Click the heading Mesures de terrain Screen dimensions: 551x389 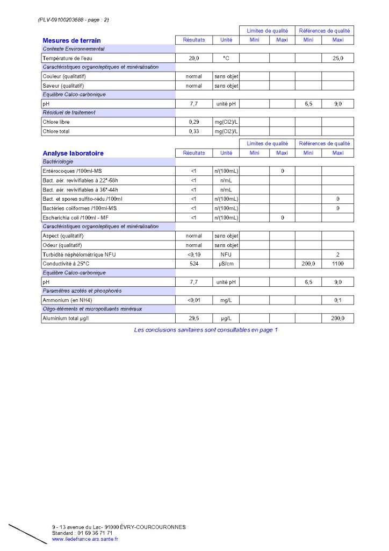click(x=71, y=40)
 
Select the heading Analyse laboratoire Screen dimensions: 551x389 click(x=73, y=153)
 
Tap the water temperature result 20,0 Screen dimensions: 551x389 click(x=194, y=58)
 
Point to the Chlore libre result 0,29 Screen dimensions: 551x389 click(x=194, y=122)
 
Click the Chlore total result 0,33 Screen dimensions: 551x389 click(x=194, y=131)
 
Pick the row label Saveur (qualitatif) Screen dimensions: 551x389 click(x=64, y=86)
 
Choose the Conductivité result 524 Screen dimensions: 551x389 click(x=194, y=264)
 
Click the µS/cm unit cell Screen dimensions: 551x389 click(x=226, y=264)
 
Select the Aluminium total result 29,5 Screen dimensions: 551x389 click(x=194, y=319)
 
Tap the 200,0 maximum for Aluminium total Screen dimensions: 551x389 click(x=337, y=319)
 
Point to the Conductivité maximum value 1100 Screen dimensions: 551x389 click(x=337, y=264)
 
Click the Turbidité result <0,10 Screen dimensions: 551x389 click(x=194, y=255)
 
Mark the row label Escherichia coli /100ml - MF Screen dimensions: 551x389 click(x=76, y=217)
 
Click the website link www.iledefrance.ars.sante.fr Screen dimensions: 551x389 click(x=85, y=539)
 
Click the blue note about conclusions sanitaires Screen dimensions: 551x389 click(x=206, y=330)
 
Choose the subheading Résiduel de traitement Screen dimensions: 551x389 click(x=69, y=113)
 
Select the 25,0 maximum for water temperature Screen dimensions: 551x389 click(x=337, y=58)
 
